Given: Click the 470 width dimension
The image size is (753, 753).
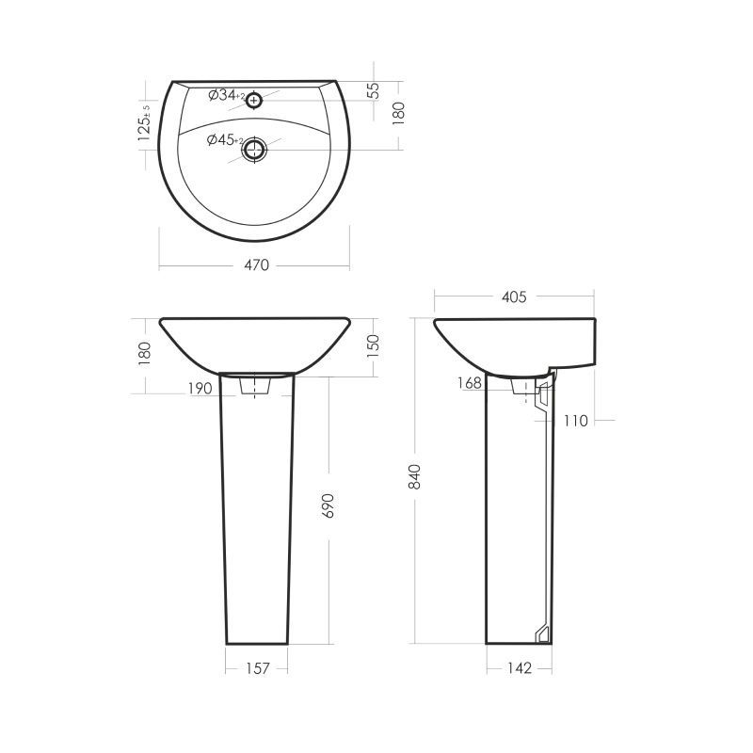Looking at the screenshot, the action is click(257, 265).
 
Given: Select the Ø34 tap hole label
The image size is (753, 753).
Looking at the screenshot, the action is click(227, 96).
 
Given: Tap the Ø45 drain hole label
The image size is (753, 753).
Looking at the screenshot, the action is click(225, 140).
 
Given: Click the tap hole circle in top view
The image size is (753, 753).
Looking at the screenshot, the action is click(253, 101).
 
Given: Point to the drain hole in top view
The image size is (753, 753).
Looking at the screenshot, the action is click(253, 150).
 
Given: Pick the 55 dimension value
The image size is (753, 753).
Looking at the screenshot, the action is click(374, 91).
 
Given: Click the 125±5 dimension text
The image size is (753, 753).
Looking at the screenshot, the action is click(144, 122).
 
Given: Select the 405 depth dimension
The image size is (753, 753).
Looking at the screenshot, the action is click(514, 297).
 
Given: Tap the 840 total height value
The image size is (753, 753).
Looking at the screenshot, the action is click(414, 477).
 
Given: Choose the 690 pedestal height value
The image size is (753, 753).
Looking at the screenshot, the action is click(328, 505).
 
